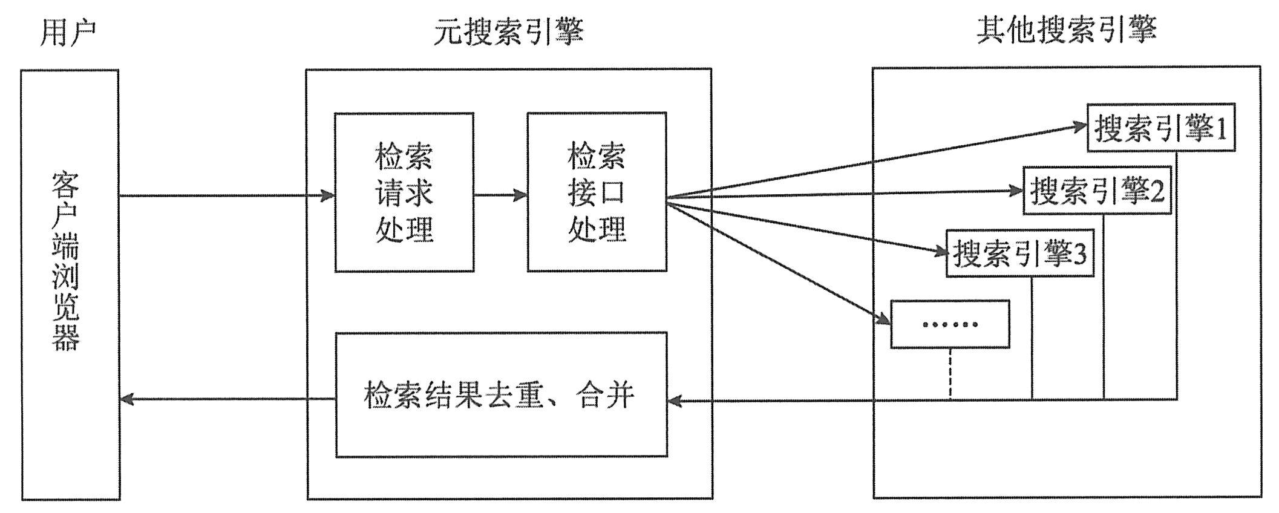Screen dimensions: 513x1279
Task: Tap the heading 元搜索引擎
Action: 508,32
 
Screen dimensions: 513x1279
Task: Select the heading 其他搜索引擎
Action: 1066,30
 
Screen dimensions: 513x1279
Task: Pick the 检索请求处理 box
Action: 404,192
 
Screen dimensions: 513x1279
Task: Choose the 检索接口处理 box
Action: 597,192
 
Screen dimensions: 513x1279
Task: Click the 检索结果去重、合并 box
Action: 501,394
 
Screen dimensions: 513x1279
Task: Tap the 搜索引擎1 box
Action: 1160,128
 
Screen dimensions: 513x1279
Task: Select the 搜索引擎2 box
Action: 1096,191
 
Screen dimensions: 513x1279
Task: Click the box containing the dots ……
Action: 950,325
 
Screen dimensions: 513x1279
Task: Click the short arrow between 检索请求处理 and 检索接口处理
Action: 500,195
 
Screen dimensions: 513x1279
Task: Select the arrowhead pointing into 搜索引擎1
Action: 1079,126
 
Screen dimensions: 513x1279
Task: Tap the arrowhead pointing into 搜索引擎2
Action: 1016,191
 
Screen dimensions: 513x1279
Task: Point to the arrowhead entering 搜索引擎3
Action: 939,252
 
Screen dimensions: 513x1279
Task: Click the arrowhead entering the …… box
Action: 883,319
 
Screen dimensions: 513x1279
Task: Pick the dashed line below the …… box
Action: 950,374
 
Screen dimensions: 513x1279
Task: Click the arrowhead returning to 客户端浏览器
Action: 128,399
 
